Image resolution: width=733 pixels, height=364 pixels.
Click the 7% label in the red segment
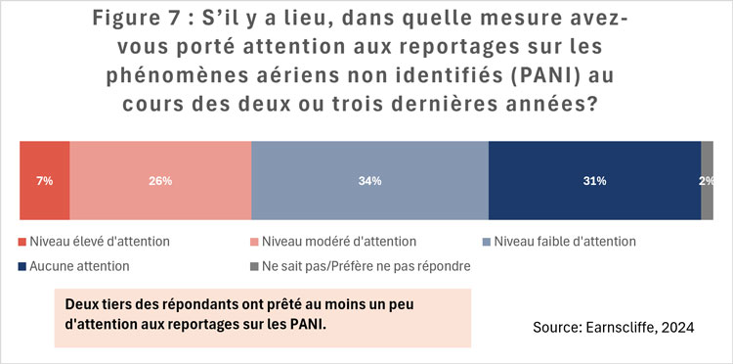click(x=45, y=181)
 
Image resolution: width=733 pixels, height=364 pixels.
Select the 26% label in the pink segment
click(x=160, y=181)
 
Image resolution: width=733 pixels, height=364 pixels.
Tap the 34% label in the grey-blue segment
click(x=369, y=181)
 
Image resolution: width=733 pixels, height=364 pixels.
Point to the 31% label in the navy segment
click(x=594, y=181)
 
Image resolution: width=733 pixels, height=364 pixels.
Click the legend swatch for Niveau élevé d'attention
click(x=23, y=242)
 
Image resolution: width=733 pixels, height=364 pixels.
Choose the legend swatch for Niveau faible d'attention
click(x=486, y=242)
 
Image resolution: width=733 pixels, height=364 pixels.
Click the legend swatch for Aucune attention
click(x=23, y=265)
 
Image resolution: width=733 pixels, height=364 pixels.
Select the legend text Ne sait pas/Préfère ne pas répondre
click(x=361, y=265)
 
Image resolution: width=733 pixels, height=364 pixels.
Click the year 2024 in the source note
click(x=677, y=329)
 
